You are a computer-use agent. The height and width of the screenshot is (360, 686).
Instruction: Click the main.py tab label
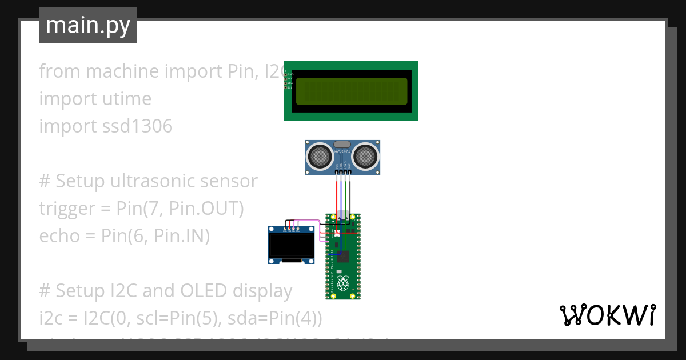coord(88,25)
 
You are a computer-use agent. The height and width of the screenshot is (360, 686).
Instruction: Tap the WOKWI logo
coord(607,315)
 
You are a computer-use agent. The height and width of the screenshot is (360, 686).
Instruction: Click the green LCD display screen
coord(351,91)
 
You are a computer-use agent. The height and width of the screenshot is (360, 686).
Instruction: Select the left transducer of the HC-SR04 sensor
coord(319,156)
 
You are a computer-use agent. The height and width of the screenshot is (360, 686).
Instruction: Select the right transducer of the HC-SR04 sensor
coord(365,156)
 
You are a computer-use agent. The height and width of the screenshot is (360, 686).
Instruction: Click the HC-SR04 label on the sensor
coord(342,152)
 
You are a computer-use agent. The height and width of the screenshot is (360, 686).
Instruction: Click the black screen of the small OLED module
coord(292,244)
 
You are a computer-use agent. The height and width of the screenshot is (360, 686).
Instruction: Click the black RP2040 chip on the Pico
coord(343,255)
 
